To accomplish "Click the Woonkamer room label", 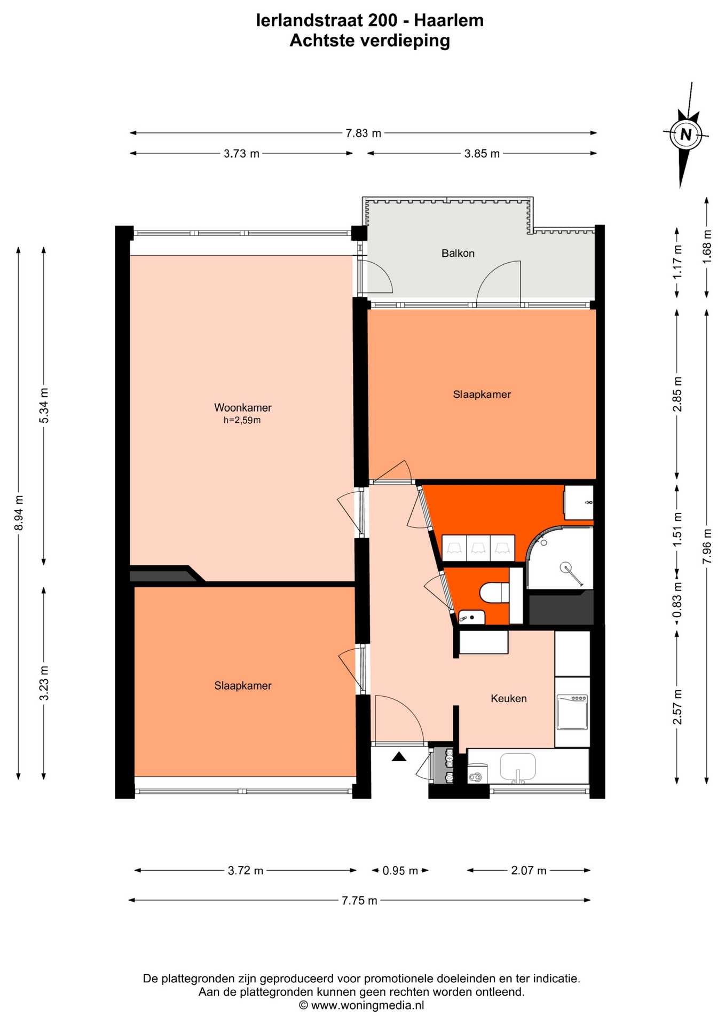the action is pos(243,408).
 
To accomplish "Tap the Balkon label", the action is pos(458,254).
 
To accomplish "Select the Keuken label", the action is pos(509,698).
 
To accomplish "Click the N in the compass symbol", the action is pos(686,135).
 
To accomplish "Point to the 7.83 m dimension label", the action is pos(364,133).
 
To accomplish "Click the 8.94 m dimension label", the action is pos(19,513).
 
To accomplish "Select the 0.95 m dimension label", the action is pos(400,871).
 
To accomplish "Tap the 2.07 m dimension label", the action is pos(529,870).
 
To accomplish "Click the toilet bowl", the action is pos(494,593).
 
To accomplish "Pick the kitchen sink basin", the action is pos(517,766).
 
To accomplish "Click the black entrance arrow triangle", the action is pos(399,756).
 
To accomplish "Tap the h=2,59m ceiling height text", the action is pos(242,420).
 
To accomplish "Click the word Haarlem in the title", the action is pos(449,20).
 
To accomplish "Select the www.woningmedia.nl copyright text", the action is pos(362,1005).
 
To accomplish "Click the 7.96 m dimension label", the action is pos(707,546).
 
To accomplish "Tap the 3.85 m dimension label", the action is pos(482,154).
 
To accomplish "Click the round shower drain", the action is pos(565,567).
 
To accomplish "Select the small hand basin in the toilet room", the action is pos(471,617).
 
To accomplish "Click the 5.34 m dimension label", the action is pos(44,406).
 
